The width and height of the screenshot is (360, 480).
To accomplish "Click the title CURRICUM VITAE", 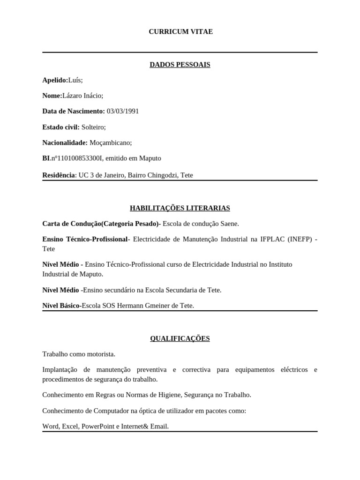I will [x=180, y=31].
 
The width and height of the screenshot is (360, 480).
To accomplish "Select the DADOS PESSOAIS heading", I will [x=180, y=65].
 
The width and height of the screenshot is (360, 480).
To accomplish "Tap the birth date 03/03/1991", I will [x=123, y=112].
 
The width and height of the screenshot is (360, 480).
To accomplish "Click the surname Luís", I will [x=75, y=80].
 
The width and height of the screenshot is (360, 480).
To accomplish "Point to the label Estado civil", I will [x=60, y=127].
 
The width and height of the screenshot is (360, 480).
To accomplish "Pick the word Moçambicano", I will [x=111, y=142].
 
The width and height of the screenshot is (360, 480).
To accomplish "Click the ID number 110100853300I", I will [x=80, y=158].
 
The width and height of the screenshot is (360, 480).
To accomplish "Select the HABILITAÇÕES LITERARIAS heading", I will [x=180, y=208].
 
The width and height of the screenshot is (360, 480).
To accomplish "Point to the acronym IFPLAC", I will [x=272, y=239].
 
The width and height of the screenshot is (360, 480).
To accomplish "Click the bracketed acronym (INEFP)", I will [x=299, y=239].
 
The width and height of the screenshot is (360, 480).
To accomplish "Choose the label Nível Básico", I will [x=61, y=306].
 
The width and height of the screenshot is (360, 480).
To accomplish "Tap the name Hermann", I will [x=140, y=306].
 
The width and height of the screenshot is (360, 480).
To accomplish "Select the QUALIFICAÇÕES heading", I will [x=180, y=338].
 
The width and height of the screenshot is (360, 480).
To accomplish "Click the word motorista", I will [x=98, y=354].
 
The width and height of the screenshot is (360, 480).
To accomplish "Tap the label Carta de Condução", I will [x=72, y=224].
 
